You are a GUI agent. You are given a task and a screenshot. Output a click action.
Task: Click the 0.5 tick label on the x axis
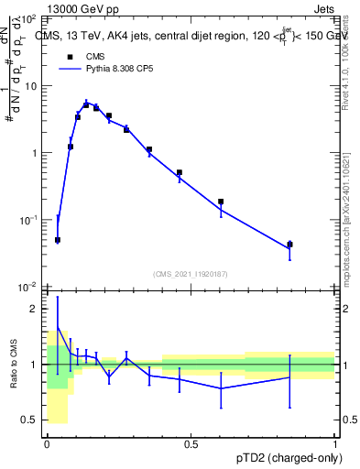191,444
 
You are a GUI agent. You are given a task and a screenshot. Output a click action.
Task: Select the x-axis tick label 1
334,444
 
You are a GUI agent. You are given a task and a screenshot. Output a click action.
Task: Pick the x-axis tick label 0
47,444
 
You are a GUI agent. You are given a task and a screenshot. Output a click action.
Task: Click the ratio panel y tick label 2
35,309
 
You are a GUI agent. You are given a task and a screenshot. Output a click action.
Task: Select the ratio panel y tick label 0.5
31,420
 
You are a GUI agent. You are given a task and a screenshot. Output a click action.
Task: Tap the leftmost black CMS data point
58,240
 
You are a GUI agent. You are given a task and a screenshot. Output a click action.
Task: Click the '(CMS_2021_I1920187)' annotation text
191,273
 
